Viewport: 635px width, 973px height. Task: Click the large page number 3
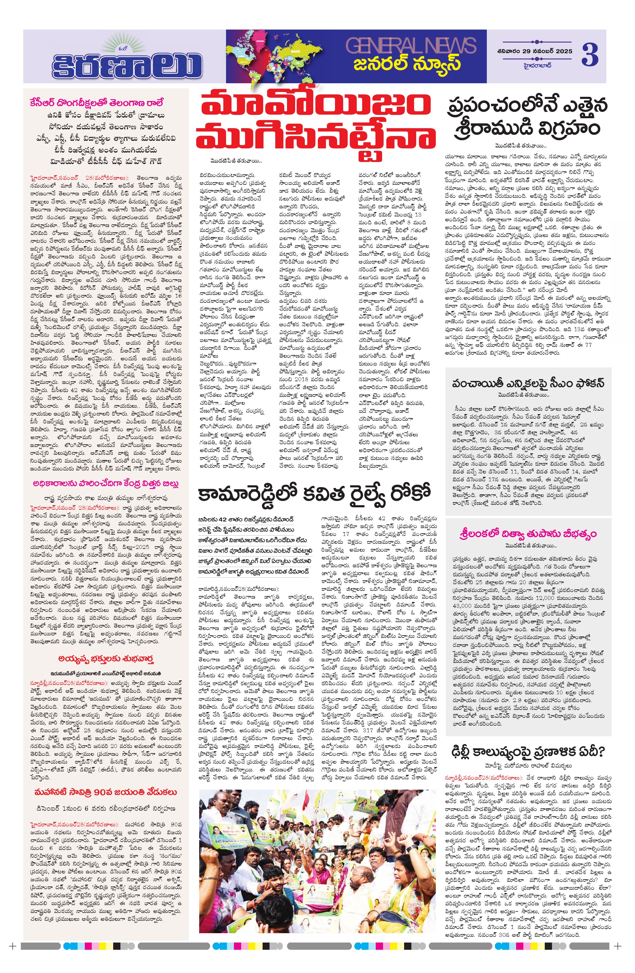[590, 55]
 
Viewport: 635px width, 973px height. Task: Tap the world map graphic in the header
[282, 56]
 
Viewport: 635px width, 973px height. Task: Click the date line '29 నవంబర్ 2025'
[537, 51]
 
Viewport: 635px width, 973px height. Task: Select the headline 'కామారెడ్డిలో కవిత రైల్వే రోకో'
[314, 493]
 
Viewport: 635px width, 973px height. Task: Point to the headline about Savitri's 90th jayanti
[106, 792]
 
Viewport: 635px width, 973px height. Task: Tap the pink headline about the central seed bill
[106, 484]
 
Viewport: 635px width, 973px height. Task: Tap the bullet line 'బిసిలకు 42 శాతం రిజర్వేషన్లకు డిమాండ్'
[246, 519]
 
